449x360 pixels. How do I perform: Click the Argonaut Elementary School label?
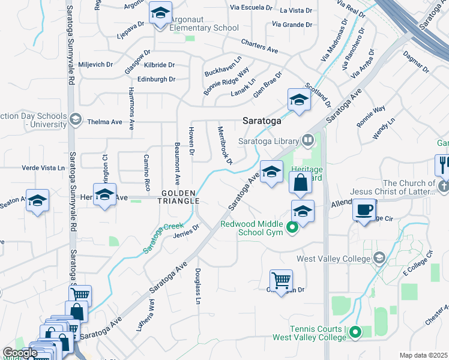tap(204, 28)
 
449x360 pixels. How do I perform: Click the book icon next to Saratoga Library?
tap(307, 140)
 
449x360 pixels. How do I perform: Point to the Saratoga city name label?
tap(262, 121)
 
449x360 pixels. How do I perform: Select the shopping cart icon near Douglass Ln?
tap(281, 280)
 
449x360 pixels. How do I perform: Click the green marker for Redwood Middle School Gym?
tap(293, 227)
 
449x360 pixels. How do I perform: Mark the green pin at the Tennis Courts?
tap(356, 331)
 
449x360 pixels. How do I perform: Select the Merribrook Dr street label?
tap(225, 145)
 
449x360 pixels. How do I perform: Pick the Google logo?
tap(20, 353)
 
